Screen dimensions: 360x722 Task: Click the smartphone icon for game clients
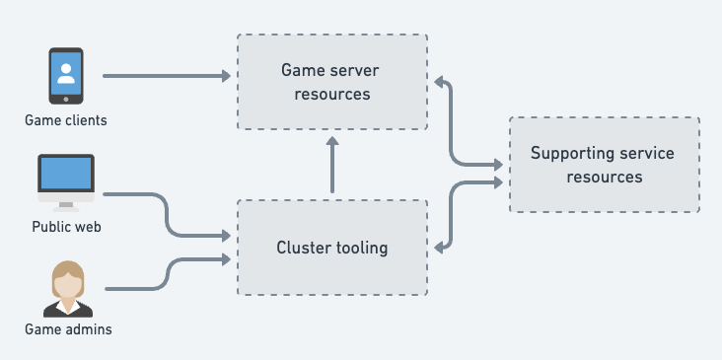(66, 77)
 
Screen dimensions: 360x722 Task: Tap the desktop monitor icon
(66, 181)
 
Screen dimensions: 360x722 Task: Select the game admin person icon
(67, 288)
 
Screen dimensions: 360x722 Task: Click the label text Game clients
(66, 121)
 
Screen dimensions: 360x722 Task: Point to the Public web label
(67, 227)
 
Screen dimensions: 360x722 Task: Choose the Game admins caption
(68, 329)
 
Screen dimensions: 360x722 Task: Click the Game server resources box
(331, 82)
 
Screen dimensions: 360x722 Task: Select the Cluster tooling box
(331, 247)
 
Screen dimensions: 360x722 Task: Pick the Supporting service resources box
(604, 164)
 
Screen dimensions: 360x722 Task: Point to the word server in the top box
(356, 71)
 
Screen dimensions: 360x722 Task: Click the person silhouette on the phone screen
(66, 72)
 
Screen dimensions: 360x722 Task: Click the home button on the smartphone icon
(66, 98)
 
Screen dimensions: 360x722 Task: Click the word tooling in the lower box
(360, 248)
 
